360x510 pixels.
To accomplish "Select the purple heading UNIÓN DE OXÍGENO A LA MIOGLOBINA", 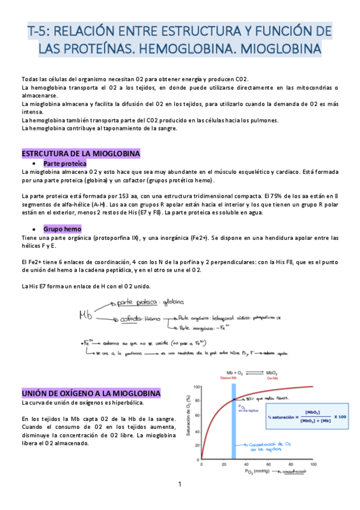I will [x=91, y=393].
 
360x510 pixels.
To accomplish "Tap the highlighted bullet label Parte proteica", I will [x=65, y=164].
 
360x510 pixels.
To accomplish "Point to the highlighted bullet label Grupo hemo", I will [x=63, y=229].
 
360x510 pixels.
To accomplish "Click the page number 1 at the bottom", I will [x=179, y=484].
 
